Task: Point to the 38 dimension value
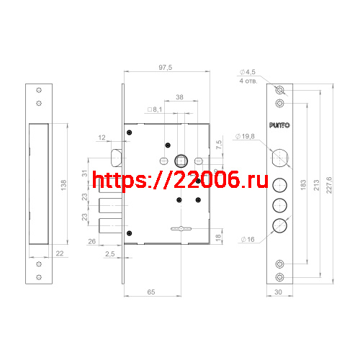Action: pos(179,96)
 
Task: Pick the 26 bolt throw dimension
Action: pos(92,241)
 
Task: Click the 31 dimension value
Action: pos(84,173)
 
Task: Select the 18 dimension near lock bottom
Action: pos(219,236)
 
